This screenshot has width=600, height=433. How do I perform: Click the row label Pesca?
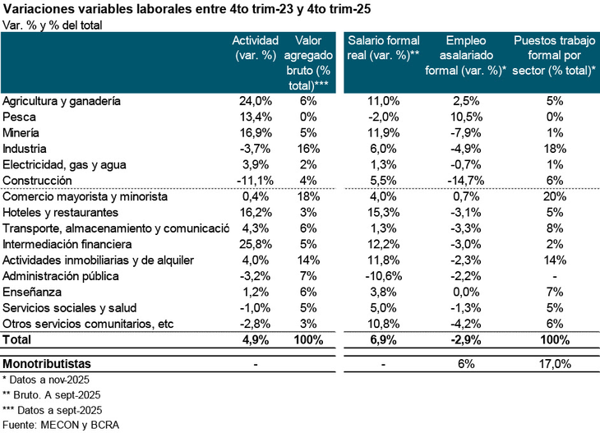pos(20,116)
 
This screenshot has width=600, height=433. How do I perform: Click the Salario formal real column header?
pos(384,48)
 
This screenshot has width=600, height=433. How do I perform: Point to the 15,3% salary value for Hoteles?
pos(384,212)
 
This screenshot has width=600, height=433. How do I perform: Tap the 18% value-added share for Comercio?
pos(308,196)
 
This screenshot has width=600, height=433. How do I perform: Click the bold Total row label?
pos(18,339)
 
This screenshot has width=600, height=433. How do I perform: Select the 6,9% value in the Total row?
pos(384,339)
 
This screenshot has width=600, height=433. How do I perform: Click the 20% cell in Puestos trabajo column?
pos(554,196)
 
